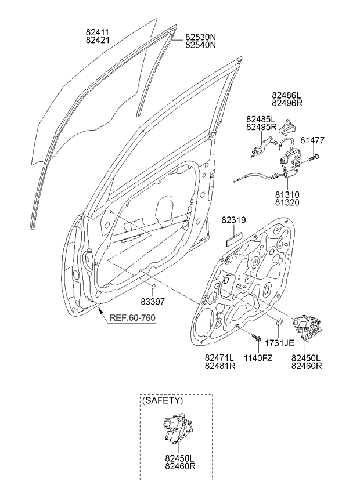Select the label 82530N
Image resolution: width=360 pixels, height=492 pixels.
pos(200,36)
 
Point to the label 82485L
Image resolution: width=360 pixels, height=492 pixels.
pos(260,119)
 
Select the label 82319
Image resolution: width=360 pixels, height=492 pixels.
pos(233,220)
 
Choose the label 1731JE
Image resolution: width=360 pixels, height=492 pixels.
pos(281,342)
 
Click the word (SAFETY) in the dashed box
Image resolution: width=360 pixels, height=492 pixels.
pos(163,400)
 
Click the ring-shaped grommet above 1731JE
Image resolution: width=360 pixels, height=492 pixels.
pos(279,323)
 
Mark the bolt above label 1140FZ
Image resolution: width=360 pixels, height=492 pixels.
pos(256,336)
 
